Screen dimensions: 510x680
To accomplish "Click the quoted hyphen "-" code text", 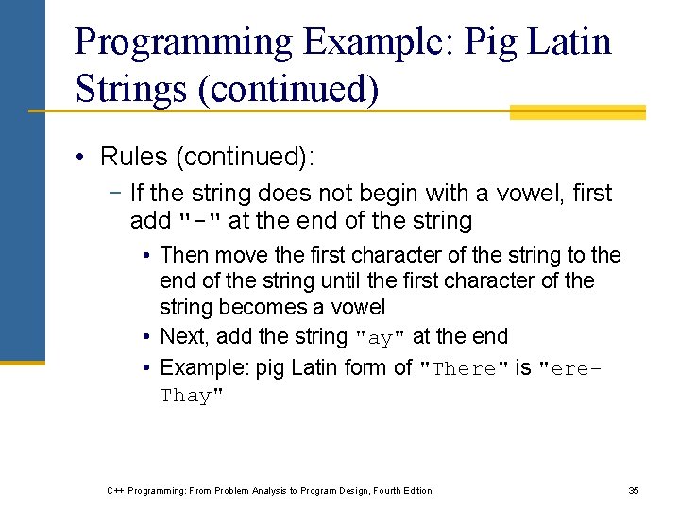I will pos(200,222).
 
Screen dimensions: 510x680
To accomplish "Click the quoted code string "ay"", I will pos(380,338).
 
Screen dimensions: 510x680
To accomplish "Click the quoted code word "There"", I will pos(465,369).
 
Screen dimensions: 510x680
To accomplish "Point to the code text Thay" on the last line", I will pos(193,396).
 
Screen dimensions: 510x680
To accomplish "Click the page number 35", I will pos(634,490).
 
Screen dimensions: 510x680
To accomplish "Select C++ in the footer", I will pos(116,490).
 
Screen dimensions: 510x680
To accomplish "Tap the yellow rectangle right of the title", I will pos(577,111).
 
